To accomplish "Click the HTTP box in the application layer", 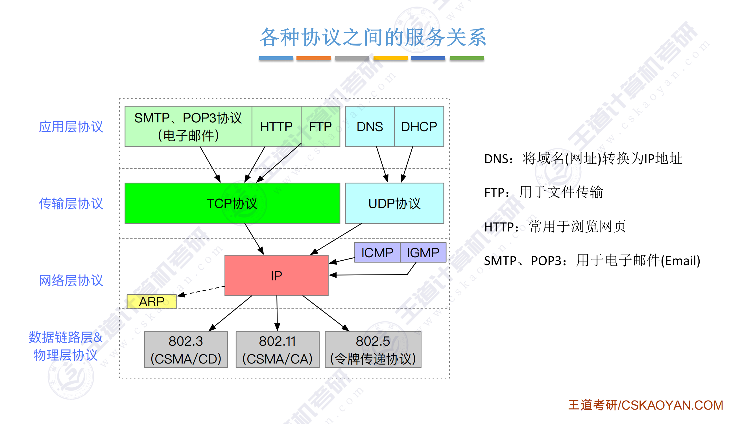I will [276, 126].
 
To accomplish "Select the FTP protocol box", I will [320, 126].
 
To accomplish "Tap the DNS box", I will [370, 126].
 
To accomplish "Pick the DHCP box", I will [419, 126].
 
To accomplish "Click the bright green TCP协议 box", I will [232, 203].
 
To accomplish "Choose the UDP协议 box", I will [394, 203].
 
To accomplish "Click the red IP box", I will [276, 275].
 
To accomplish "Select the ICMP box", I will [377, 252].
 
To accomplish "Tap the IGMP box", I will [423, 252].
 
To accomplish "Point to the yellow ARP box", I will [151, 301].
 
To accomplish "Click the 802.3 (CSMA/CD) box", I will [186, 350].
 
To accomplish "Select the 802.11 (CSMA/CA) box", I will [278, 350].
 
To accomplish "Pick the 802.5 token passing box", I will [373, 350].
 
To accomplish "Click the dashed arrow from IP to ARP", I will [202, 291].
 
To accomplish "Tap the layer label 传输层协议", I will [71, 203].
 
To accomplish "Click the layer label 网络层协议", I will [71, 280].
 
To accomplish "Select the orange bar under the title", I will [313, 58].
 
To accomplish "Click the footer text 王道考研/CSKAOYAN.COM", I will [645, 405].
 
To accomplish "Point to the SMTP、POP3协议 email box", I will [188, 126].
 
